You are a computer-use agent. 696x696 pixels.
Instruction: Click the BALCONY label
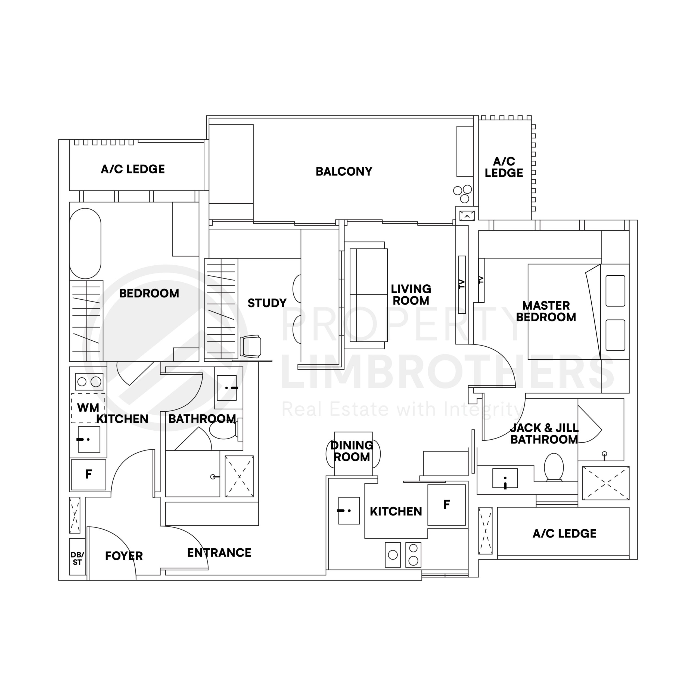click(x=344, y=172)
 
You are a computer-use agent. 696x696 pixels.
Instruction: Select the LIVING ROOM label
click(x=411, y=295)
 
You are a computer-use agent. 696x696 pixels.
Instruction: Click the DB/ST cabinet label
click(x=77, y=559)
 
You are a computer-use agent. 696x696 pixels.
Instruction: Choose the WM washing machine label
click(x=88, y=408)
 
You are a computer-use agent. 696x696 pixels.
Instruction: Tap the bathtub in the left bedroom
click(x=85, y=244)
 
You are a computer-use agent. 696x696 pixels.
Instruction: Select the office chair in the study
click(x=251, y=346)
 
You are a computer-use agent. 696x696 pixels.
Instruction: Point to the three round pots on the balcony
click(x=462, y=194)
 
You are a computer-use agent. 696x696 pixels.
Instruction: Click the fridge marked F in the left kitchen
click(x=89, y=474)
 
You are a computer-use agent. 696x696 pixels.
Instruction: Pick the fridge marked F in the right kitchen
click(x=447, y=505)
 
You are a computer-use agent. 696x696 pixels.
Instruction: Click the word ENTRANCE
click(x=219, y=553)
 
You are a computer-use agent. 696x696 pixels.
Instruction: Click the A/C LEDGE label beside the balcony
click(x=504, y=167)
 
